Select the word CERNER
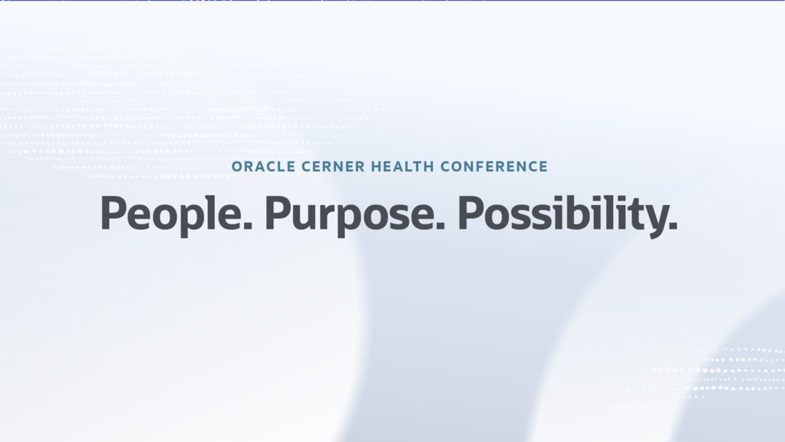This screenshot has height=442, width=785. (x=317, y=166)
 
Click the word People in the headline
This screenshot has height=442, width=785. (x=171, y=213)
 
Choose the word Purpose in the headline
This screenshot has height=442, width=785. (x=350, y=213)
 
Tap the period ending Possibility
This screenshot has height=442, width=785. (x=673, y=227)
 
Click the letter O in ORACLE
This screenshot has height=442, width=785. (x=237, y=166)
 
